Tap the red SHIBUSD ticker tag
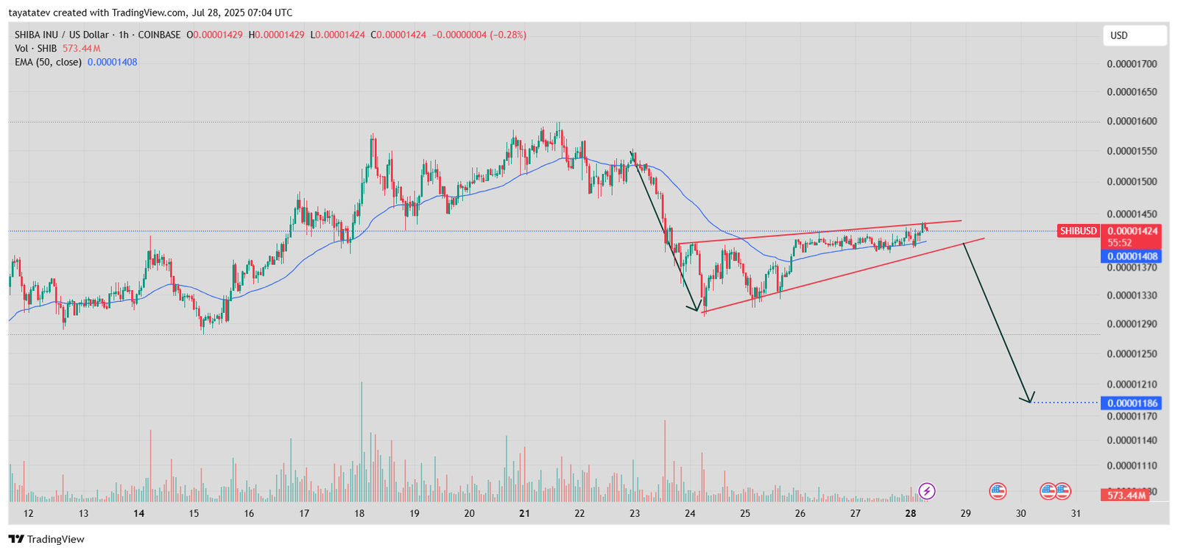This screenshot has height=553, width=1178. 1078,231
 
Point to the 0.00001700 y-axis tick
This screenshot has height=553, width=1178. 1132,64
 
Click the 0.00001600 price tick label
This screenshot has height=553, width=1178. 1132,121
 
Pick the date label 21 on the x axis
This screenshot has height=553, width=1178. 524,513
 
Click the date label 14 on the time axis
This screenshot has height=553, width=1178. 138,513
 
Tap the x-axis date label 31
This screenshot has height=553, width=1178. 1076,513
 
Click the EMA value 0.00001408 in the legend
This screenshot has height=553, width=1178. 112,62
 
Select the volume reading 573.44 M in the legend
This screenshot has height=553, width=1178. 81,49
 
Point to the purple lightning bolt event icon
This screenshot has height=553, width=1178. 927,491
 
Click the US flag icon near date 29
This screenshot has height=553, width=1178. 998,491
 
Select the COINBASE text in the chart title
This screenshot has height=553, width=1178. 159,35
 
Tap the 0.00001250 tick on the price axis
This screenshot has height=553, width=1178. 1132,354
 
